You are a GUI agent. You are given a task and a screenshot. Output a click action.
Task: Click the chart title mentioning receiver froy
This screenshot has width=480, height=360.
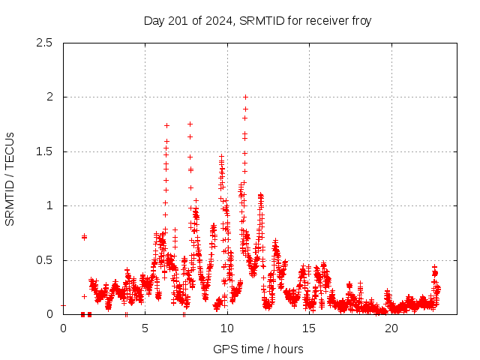257,20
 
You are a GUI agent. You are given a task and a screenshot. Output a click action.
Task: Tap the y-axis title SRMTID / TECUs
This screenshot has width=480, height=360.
10,178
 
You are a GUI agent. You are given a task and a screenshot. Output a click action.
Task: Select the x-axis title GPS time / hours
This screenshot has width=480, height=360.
257,349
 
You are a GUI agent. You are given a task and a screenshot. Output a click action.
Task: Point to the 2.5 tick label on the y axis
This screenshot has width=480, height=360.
44,43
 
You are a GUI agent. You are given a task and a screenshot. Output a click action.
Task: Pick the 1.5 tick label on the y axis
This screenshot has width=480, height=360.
44,151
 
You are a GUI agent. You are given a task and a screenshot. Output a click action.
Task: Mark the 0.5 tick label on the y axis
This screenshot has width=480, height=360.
44,260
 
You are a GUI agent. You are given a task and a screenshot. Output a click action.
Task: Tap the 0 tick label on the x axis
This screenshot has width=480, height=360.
63,328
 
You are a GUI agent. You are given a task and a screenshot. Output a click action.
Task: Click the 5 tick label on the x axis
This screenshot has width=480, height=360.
145,328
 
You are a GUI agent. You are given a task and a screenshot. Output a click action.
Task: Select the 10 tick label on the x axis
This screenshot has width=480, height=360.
227,328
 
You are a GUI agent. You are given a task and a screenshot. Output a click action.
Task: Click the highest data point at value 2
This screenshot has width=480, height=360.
245,97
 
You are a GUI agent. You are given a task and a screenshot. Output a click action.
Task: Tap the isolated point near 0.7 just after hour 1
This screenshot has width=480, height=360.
84,237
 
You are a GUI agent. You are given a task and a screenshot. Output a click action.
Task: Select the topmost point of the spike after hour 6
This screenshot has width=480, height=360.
166,125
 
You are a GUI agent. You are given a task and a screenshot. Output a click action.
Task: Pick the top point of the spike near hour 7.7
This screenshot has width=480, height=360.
190,124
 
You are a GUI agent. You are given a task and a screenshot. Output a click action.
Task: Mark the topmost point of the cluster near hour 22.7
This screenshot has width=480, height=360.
434,267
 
